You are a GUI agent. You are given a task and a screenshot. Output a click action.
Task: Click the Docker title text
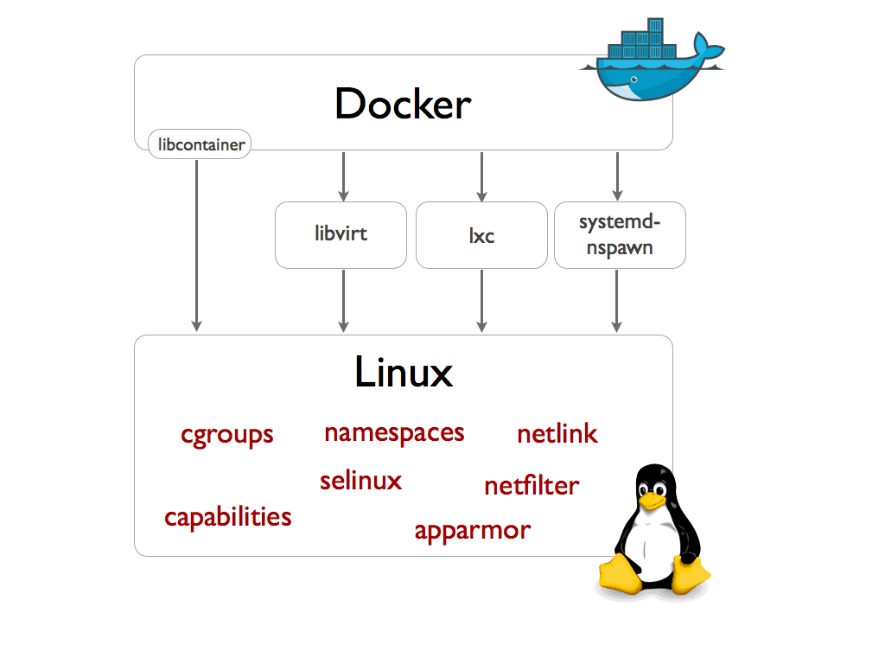(403, 105)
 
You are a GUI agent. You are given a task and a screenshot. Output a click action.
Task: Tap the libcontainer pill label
(200, 144)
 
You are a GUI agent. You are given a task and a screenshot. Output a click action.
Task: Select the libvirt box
(341, 234)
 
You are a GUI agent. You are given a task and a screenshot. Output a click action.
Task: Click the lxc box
(481, 235)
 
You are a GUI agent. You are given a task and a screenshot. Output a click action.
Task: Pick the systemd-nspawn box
(619, 234)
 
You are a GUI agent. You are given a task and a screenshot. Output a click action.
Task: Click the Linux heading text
(403, 373)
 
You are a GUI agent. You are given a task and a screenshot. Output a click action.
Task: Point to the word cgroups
(227, 434)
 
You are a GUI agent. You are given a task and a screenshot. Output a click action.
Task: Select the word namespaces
(394, 431)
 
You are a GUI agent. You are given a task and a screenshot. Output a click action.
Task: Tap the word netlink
(557, 433)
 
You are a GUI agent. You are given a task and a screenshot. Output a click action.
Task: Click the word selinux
(360, 480)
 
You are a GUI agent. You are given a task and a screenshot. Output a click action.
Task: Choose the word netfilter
(532, 485)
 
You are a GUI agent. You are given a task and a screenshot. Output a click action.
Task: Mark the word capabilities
(228, 517)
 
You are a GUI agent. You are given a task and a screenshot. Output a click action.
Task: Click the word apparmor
(472, 529)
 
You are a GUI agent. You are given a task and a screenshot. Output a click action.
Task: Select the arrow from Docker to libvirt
(344, 176)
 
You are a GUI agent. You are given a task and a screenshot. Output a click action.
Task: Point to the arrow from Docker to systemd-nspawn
(616, 176)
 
